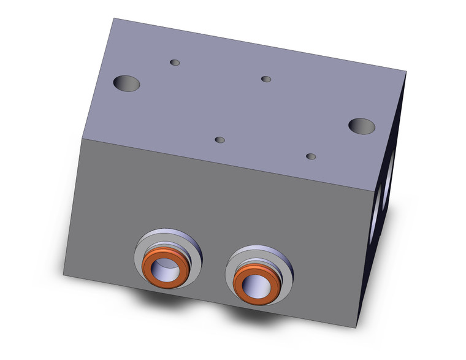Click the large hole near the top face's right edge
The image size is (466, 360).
point(362,126)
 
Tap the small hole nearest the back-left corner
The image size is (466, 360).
point(175,63)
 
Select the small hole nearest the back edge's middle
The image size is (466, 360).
point(265,79)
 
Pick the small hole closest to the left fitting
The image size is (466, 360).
point(220,140)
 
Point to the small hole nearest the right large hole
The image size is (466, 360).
point(311,156)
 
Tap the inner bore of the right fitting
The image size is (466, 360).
point(253,283)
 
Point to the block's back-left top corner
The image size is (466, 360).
point(113,18)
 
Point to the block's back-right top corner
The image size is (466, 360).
point(406,72)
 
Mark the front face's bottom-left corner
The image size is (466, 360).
point(64,274)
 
